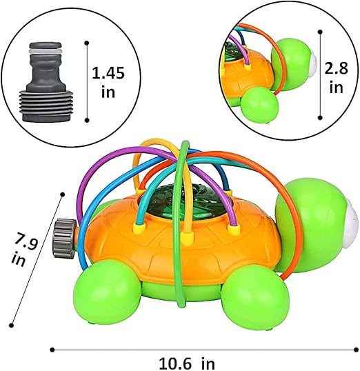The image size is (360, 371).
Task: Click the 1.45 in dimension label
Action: (x=108, y=82)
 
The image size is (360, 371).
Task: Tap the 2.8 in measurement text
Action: (x=336, y=78)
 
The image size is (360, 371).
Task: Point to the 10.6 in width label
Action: (x=186, y=363)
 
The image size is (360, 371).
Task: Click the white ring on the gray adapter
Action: (x=46, y=51)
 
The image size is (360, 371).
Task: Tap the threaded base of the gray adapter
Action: (x=47, y=106)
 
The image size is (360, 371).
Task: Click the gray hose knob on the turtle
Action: (x=64, y=238)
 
